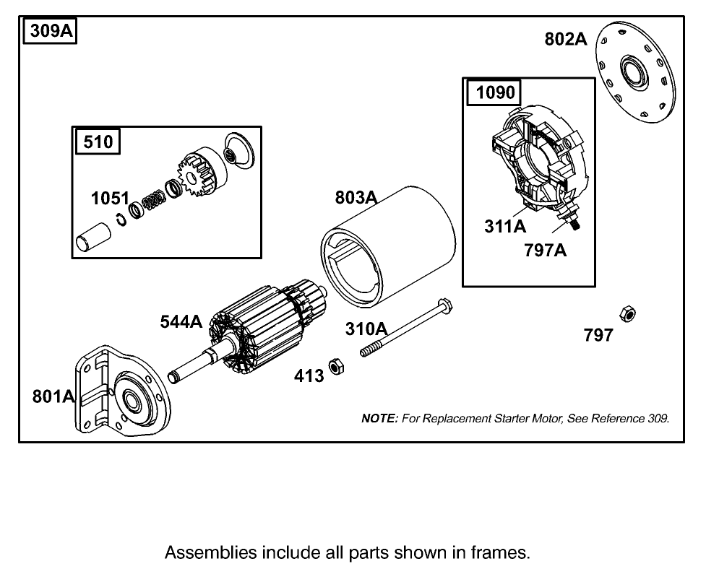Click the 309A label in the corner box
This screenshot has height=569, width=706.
(51, 33)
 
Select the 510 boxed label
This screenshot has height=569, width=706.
(98, 141)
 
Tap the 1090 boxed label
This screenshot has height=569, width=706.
(495, 92)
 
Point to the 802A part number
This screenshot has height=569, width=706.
(565, 39)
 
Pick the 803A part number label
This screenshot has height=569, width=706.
(356, 197)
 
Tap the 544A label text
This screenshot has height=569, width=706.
(181, 322)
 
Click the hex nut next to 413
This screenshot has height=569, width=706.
(335, 367)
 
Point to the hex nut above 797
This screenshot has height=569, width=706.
(627, 314)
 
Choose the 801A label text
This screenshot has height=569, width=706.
(53, 396)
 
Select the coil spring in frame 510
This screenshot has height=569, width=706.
(154, 200)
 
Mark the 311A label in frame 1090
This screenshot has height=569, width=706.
(505, 227)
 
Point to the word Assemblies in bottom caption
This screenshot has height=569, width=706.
(210, 553)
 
